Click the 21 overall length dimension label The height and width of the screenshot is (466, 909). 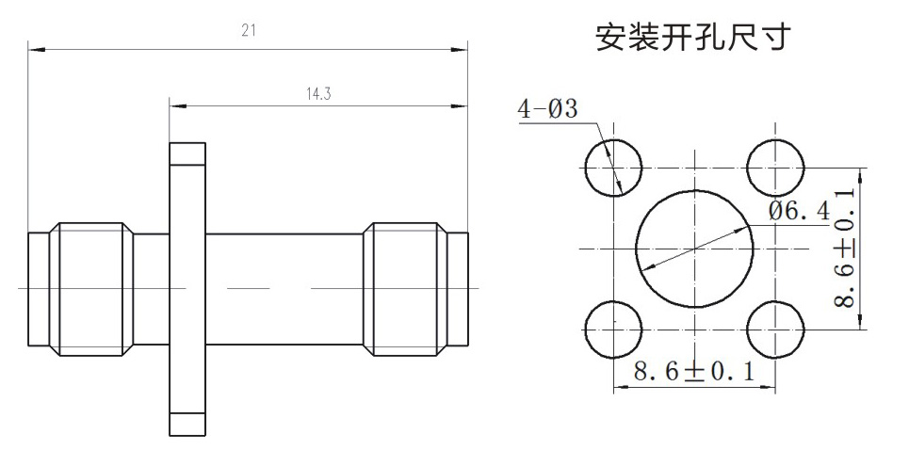pos(249,30)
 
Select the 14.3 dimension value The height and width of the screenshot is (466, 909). pos(318,94)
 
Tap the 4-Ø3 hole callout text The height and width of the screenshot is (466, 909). pos(548,109)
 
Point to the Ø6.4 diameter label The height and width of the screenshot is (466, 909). pos(800,211)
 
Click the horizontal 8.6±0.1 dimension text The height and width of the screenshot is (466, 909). pos(694,372)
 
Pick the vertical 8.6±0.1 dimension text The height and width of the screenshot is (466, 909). pos(845,249)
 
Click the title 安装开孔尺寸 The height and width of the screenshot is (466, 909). pos(693,38)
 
